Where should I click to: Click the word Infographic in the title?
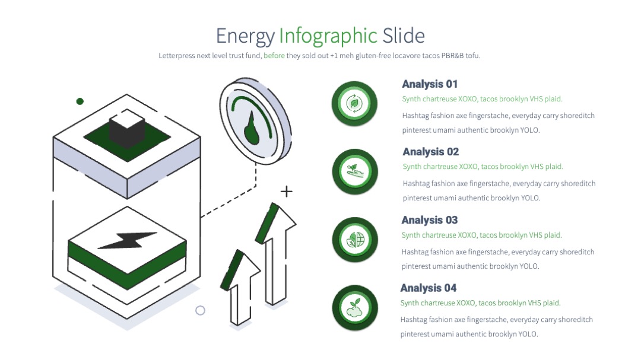click(328, 36)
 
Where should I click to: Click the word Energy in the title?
click(245, 37)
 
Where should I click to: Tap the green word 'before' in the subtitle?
click(274, 56)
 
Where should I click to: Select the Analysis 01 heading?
click(430, 84)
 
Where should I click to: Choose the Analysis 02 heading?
click(430, 152)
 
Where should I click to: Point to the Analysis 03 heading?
click(429, 220)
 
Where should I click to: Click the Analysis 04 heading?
click(428, 288)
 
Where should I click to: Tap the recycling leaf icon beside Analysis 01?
click(354, 103)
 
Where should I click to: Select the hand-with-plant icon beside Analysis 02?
click(355, 171)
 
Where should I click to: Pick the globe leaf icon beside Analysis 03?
click(356, 240)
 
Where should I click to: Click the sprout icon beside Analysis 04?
click(355, 308)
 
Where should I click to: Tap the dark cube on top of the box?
click(127, 129)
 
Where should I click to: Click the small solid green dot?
click(80, 101)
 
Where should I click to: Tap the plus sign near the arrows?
click(287, 191)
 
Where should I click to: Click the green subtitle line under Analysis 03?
click(481, 235)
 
